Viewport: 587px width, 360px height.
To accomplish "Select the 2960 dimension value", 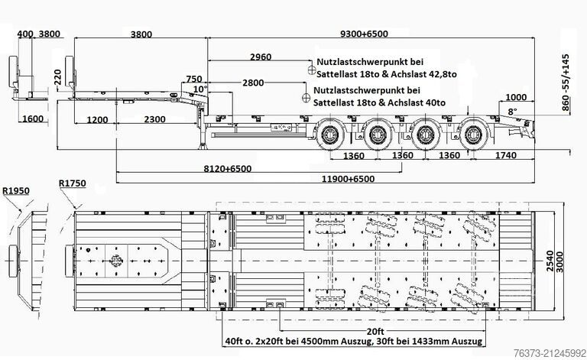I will click(261, 57).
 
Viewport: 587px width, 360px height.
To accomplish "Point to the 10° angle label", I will click(200, 89).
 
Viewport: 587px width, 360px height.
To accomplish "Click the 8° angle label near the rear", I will click(512, 112).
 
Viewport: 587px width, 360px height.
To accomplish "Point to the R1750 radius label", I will click(72, 183).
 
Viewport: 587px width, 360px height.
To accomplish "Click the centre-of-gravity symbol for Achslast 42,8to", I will click(311, 70).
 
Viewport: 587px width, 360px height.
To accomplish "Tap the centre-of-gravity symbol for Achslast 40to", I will click(306, 96).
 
